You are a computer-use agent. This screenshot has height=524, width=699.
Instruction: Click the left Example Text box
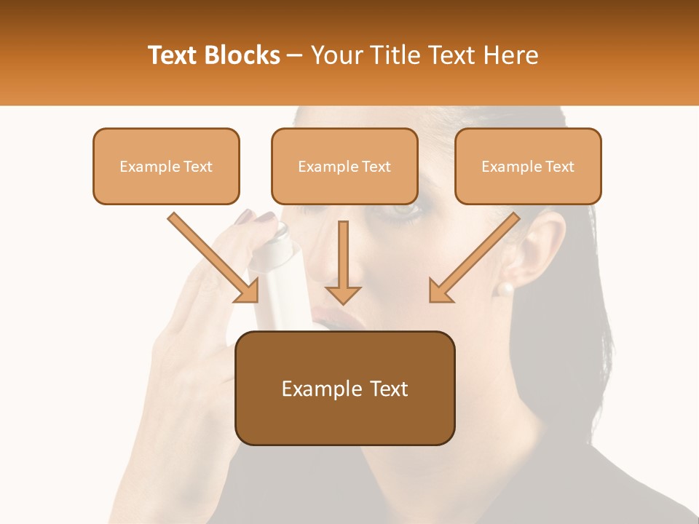166,166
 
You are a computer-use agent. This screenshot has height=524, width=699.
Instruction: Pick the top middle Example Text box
344,166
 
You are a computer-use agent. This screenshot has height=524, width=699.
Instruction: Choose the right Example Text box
528,166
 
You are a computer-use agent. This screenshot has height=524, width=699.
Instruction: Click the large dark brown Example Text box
344,388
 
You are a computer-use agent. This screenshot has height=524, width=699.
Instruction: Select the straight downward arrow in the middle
343,262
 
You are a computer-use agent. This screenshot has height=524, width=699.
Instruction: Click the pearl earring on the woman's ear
503,289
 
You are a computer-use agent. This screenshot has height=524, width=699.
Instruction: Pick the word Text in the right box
558,167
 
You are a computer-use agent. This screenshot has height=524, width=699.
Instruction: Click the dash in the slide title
295,56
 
